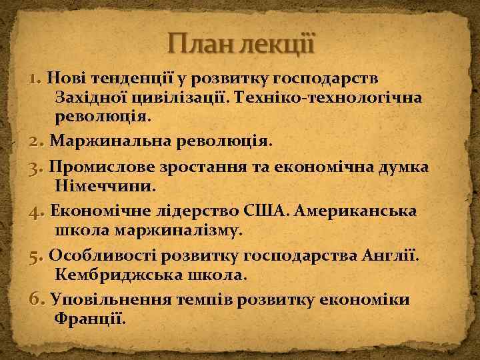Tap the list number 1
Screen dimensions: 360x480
35,79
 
